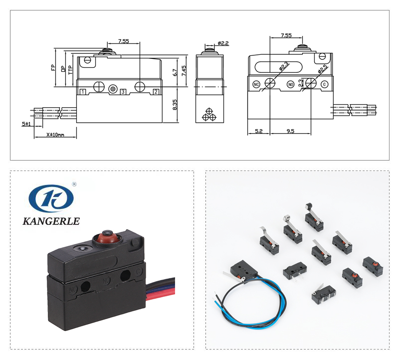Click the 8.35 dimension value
(x=175, y=105)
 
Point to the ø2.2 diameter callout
(x=223, y=43)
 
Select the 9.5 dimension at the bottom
(x=290, y=132)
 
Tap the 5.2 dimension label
(x=258, y=132)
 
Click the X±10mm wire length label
(x=55, y=135)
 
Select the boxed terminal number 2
(x=156, y=91)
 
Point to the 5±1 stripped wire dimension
(x=26, y=124)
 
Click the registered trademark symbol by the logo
(x=74, y=184)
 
